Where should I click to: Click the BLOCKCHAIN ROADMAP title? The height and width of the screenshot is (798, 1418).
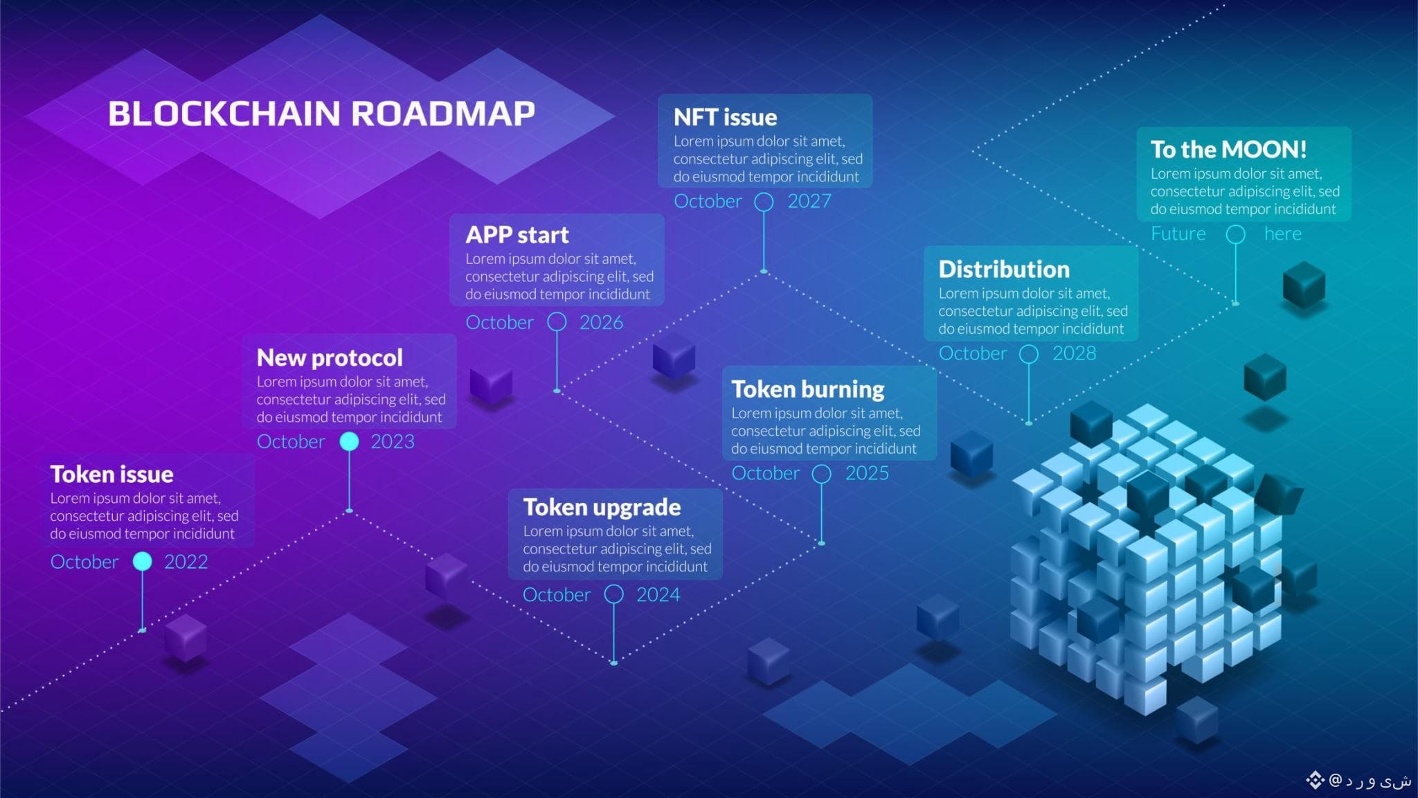321,114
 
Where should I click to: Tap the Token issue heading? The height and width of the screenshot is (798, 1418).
111,475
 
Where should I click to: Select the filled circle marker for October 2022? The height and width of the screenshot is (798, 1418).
142,561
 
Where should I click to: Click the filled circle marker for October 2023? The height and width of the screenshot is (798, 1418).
349,441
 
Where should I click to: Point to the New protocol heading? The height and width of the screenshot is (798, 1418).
330,357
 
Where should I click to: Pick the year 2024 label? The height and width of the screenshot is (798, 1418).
658,595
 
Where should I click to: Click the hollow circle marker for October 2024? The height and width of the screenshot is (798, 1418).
613,594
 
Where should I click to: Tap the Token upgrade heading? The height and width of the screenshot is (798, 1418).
602,507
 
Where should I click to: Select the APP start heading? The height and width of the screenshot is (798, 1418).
517,235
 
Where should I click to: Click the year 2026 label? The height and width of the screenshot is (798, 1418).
601,322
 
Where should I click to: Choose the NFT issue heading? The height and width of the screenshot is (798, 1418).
725,117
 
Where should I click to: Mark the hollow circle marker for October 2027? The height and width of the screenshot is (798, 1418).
764,202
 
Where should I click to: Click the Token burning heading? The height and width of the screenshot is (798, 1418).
807,389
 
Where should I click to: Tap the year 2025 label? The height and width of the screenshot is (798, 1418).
867,473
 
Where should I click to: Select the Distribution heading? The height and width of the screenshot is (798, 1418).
1004,269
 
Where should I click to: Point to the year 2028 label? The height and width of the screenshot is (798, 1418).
1074,353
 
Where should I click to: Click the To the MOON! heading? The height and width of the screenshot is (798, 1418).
1228,150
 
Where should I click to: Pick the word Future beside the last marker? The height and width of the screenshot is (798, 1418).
1178,233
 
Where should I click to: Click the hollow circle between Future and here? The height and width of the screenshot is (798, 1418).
1235,234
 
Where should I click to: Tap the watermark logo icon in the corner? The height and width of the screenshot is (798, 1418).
1315,780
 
